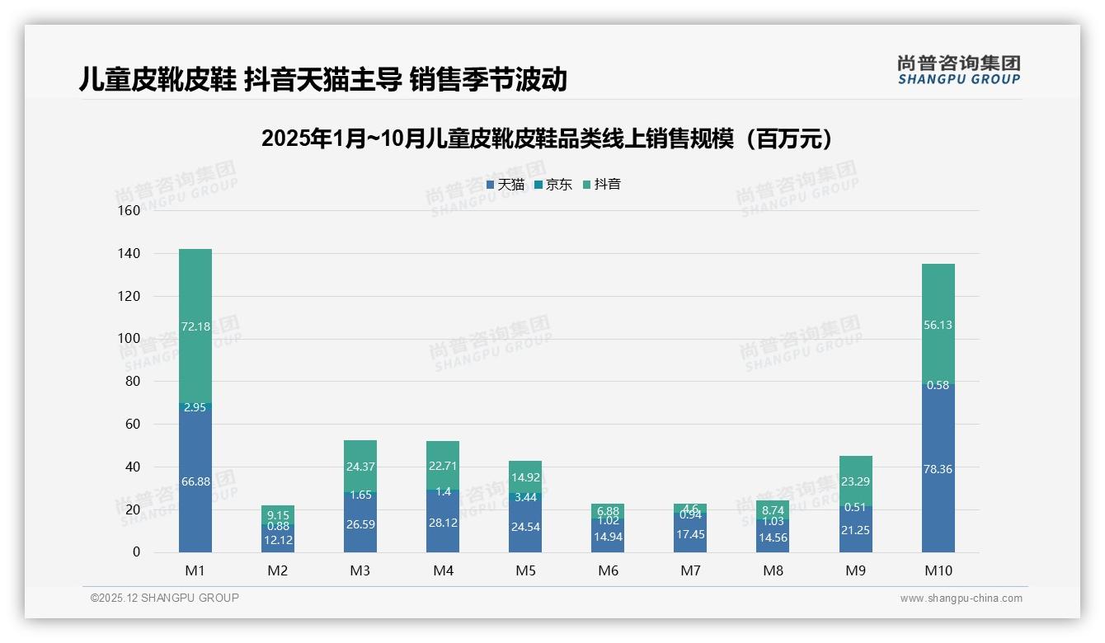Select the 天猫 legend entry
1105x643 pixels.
click(505, 185)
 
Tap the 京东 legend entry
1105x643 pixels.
click(553, 185)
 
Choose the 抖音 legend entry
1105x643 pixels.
click(602, 185)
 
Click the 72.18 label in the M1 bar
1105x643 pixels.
click(195, 326)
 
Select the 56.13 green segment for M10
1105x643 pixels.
click(938, 325)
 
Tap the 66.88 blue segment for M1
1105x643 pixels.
click(195, 481)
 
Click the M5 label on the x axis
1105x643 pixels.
click(525, 570)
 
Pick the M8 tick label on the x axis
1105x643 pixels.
click(773, 570)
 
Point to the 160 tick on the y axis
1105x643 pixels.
click(129, 210)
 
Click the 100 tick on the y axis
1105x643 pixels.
click(129, 339)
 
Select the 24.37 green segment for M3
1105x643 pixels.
click(360, 467)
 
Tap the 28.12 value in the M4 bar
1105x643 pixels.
click(443, 523)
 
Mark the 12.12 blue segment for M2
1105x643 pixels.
click(278, 539)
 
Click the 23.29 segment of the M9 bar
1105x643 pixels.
click(855, 481)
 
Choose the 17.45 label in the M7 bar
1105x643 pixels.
click(690, 534)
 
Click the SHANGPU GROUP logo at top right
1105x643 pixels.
click(958, 70)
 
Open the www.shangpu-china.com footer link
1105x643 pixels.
click(961, 598)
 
